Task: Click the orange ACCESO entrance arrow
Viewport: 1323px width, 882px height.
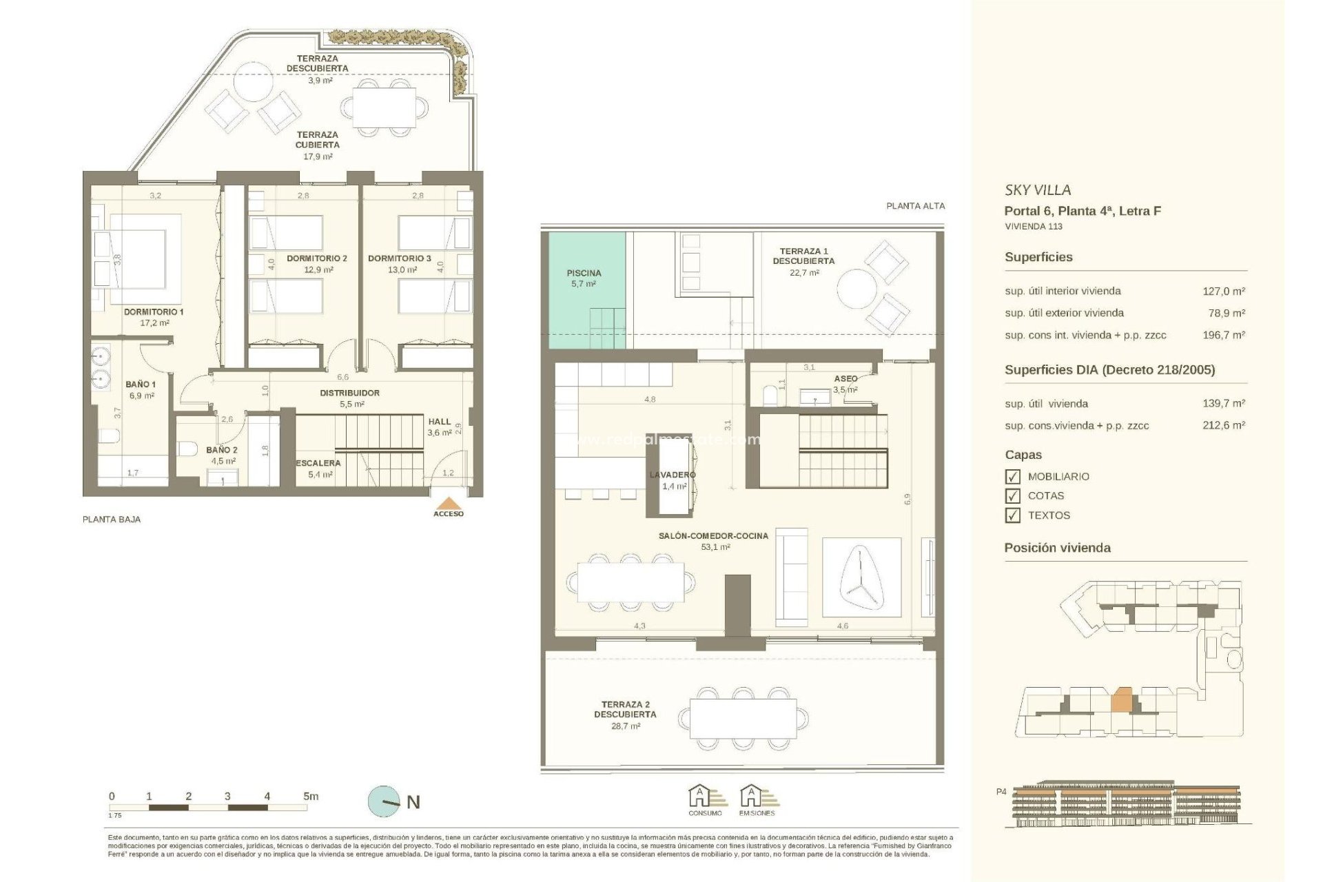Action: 449,504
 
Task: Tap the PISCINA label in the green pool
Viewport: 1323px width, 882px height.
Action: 584,273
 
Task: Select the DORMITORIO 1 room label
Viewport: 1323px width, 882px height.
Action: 154,312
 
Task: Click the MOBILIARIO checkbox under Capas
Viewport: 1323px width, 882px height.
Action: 1012,477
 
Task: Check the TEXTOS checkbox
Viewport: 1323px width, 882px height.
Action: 1012,515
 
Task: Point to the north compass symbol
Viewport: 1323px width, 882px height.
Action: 384,801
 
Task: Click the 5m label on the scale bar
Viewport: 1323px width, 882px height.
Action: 311,796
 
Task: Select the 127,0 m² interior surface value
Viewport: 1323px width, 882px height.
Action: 1223,291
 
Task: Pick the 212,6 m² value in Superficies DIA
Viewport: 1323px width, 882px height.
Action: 1223,426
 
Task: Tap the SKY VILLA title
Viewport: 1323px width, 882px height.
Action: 1038,190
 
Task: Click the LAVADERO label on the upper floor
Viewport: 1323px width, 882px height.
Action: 673,475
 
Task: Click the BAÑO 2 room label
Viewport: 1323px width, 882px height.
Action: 222,450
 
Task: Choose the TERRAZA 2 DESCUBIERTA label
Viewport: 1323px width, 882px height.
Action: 625,709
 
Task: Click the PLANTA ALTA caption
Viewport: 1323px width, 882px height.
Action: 915,206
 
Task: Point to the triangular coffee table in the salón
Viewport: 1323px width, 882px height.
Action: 861,578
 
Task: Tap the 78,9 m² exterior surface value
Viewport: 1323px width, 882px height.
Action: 1226,314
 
